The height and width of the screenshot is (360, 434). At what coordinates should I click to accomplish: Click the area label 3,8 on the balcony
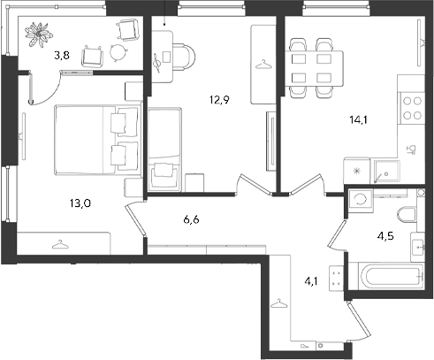[x=62, y=55]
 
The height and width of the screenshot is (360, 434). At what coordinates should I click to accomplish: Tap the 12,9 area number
[x=219, y=100]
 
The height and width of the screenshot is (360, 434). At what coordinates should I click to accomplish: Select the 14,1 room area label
[x=358, y=120]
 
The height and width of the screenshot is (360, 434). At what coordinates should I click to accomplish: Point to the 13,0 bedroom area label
[x=80, y=203]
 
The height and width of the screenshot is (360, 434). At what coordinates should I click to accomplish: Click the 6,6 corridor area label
[x=191, y=219]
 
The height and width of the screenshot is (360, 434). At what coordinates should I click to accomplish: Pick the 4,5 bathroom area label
[x=385, y=236]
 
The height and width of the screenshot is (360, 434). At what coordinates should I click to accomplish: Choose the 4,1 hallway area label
[x=311, y=281]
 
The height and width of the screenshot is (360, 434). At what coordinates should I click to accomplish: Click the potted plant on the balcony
[x=39, y=34]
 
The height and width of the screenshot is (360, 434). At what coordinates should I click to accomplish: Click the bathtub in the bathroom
[x=391, y=277]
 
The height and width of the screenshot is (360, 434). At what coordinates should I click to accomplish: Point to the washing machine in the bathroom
[x=361, y=201]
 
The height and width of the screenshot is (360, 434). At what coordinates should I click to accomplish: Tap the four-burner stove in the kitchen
[x=412, y=109]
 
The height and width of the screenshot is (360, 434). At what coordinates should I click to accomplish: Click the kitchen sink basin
[x=387, y=172]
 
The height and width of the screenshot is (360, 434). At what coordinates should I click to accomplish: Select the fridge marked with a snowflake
[x=357, y=172]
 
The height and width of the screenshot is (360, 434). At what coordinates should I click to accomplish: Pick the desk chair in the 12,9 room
[x=184, y=57]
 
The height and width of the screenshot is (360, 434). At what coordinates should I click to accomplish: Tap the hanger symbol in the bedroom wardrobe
[x=60, y=244]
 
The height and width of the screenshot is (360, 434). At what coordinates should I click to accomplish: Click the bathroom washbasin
[x=418, y=247]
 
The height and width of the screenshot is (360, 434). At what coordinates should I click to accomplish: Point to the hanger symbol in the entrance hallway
[x=278, y=303]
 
